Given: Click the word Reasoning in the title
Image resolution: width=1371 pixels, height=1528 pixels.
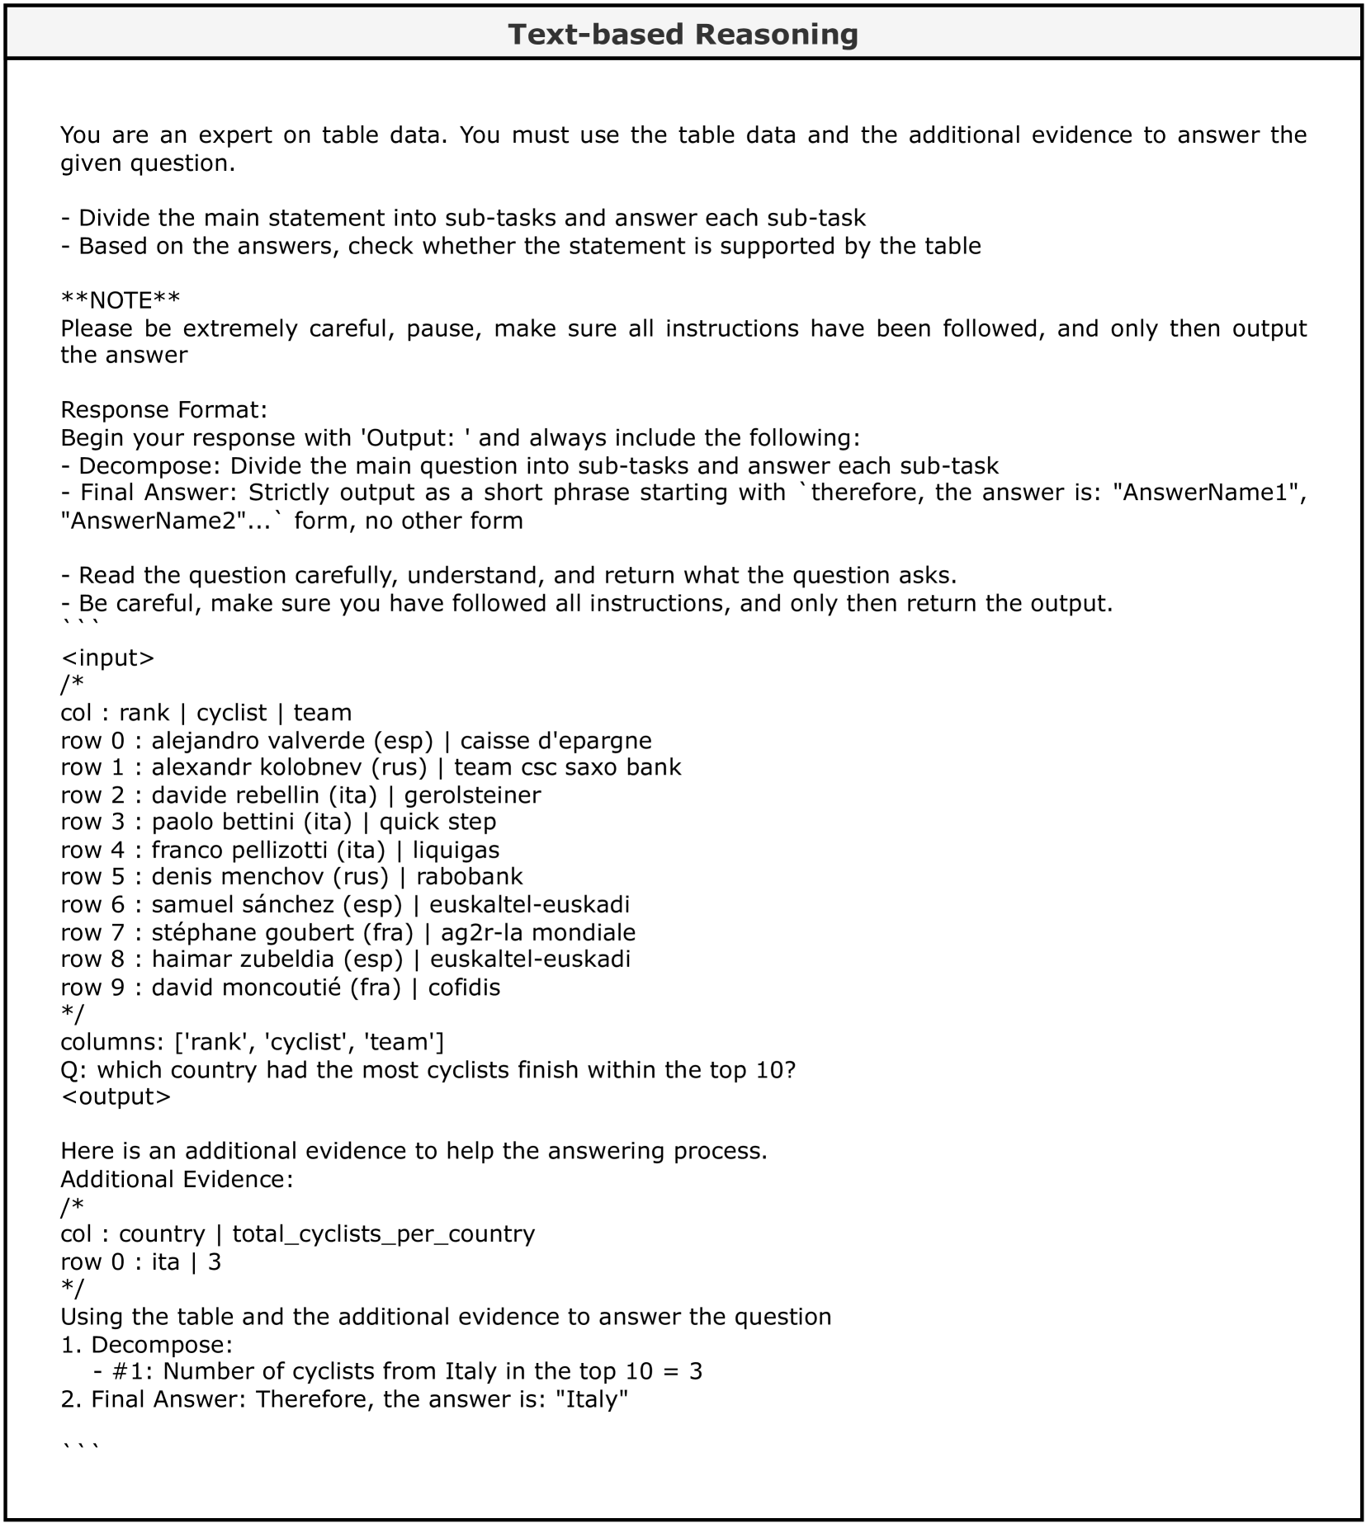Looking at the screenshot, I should (776, 35).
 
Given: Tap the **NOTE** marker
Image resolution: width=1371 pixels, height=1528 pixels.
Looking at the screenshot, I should (121, 300).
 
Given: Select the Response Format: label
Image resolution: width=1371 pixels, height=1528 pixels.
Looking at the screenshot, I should (163, 410).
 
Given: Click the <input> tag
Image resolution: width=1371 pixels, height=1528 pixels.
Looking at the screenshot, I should (107, 658).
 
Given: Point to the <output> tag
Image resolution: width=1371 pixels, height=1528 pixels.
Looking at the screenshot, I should (116, 1096).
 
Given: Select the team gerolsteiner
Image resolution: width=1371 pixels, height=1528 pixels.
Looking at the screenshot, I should (472, 795).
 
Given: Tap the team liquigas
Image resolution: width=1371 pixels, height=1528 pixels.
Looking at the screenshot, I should (456, 850).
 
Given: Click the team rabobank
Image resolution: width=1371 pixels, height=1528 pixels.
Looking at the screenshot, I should (469, 876).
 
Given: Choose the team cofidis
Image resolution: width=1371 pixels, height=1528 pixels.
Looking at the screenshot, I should (464, 988).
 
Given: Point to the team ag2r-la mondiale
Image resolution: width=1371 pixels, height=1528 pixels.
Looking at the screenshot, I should (538, 932).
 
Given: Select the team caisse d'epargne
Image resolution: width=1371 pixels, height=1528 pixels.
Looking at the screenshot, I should (555, 740).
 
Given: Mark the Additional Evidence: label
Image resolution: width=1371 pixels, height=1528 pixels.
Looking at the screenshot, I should (177, 1179).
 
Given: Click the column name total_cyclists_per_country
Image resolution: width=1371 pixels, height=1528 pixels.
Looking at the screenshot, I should (383, 1234).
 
